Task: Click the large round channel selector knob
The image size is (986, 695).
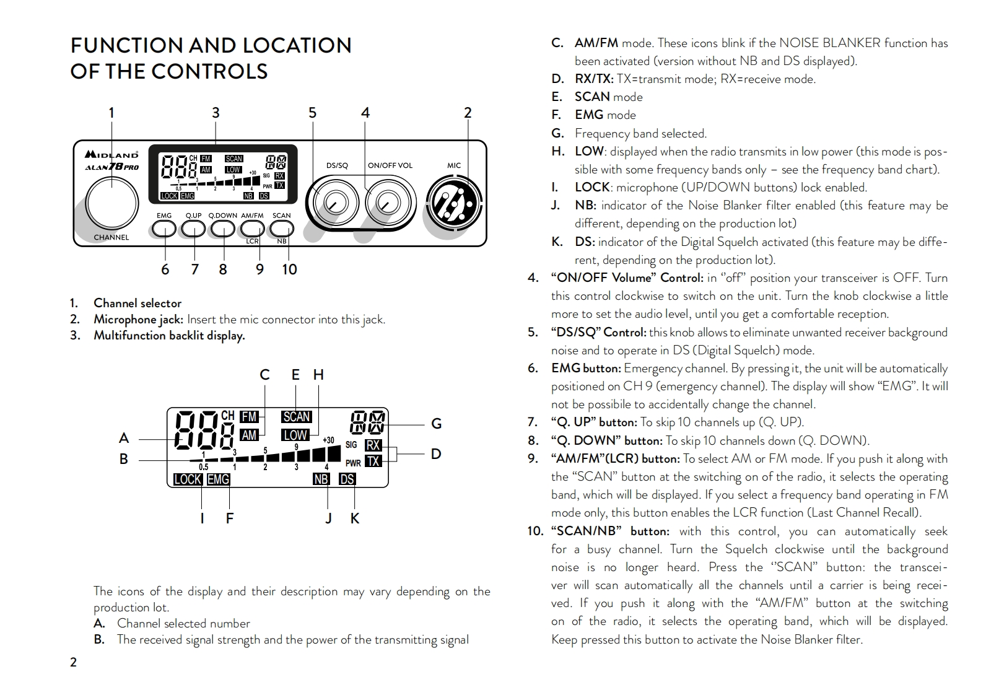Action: coord(111,201)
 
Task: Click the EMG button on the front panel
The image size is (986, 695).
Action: coord(164,229)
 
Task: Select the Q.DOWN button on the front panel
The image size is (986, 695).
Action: coord(222,229)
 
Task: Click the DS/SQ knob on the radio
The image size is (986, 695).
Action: coord(335,201)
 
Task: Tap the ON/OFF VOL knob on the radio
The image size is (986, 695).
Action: coord(388,201)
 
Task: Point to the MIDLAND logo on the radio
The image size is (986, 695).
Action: coord(111,155)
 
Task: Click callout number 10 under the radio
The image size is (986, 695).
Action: coord(289,269)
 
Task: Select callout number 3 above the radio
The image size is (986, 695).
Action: coord(216,113)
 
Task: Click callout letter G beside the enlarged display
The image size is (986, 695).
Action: coord(436,424)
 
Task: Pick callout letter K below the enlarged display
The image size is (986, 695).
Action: coord(355,518)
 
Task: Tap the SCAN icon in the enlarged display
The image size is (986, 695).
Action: coord(296,417)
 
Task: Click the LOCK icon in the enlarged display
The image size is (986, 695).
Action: coord(187,479)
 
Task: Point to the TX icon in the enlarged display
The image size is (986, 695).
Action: coord(373,461)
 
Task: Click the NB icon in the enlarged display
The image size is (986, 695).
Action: coord(321,479)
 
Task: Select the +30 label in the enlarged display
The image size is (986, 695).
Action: coord(328,440)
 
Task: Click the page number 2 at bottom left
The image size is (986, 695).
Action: coord(74,662)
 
